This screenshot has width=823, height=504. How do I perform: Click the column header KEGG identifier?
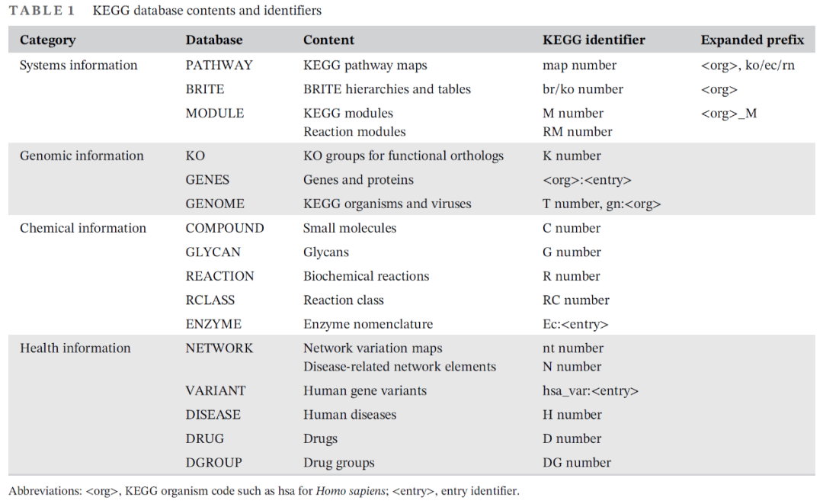coord(594,40)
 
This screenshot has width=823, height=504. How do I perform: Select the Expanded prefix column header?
coord(752,40)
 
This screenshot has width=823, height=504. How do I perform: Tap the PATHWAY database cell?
coord(219,66)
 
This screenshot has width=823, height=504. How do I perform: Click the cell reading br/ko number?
coord(582,89)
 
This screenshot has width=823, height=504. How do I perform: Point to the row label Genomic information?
coord(82,156)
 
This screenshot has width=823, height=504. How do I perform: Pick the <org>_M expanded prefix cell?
coord(729,114)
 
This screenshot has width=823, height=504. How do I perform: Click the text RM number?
coord(577,132)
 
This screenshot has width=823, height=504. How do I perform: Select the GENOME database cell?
coord(215,204)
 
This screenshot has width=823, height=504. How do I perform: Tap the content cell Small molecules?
coord(350,228)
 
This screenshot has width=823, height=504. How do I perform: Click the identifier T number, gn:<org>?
coord(601,204)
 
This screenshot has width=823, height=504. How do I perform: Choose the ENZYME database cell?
coord(213,324)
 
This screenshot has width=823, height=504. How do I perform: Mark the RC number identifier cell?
coord(575,300)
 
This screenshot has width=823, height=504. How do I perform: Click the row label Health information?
coord(75,348)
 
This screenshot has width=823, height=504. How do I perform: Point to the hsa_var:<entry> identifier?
coord(590,391)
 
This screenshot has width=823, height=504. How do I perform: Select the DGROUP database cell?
coord(213,463)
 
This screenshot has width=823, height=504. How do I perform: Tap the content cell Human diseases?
coord(350,415)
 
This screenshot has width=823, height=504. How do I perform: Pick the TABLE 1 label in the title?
coord(42,11)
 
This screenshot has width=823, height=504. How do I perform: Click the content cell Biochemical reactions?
coord(366,276)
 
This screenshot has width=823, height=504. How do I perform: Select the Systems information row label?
coord(78,66)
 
